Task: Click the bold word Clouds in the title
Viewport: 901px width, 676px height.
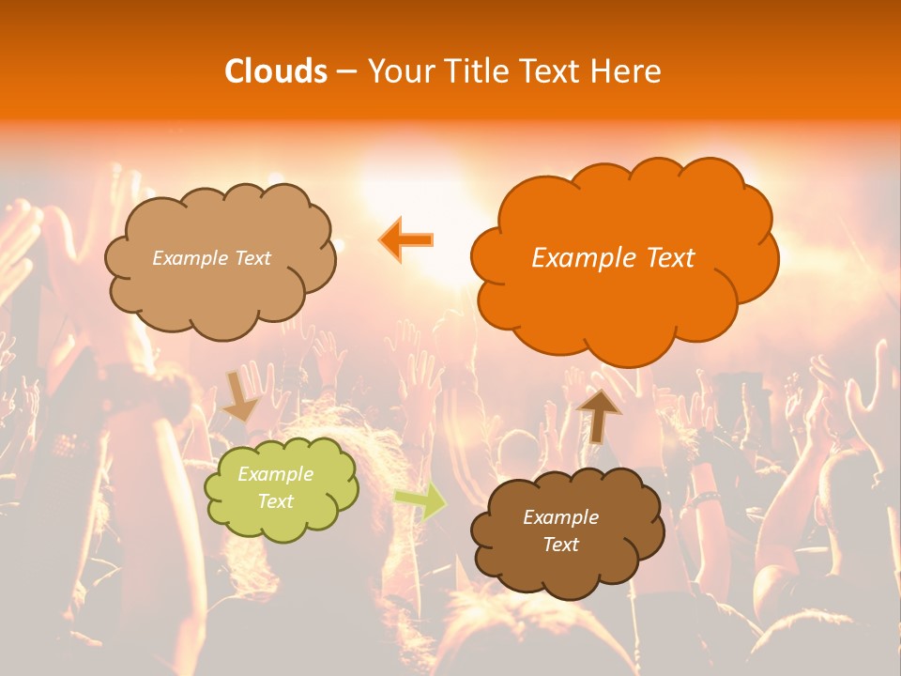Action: coord(275,71)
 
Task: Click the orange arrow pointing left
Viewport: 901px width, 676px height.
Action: coord(406,238)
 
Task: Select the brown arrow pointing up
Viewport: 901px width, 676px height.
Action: coord(598,414)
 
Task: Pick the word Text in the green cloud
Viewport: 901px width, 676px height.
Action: coord(276,501)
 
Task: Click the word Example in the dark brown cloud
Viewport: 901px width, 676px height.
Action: coord(560,517)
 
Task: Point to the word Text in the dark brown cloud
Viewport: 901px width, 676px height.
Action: coord(560,545)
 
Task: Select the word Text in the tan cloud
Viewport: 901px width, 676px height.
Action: coord(252,258)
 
